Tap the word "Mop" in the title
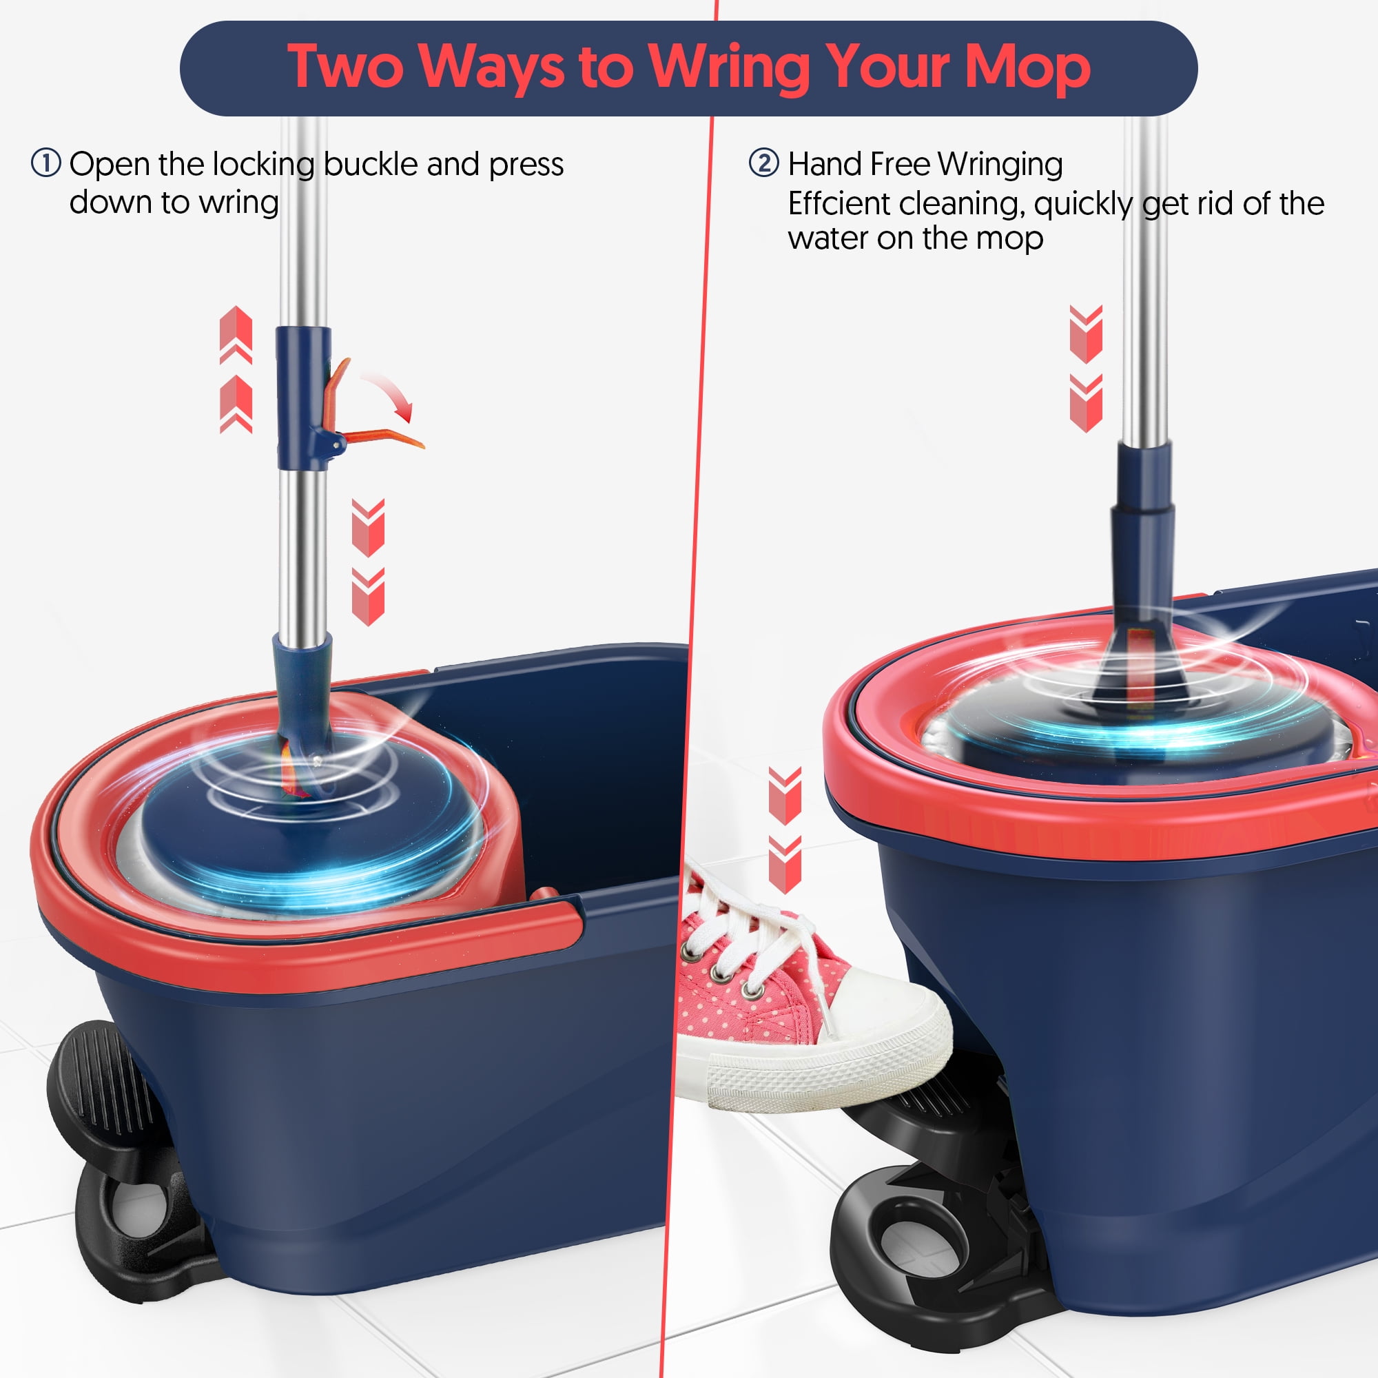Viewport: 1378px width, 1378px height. [x=1027, y=67]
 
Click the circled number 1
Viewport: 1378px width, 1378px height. [x=45, y=163]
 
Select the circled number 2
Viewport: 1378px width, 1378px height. [x=764, y=163]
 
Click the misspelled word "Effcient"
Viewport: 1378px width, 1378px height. [x=837, y=203]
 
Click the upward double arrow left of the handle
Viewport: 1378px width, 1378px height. [x=236, y=369]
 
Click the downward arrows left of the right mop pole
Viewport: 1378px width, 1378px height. [x=1087, y=369]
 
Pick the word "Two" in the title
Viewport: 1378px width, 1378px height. [x=347, y=67]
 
